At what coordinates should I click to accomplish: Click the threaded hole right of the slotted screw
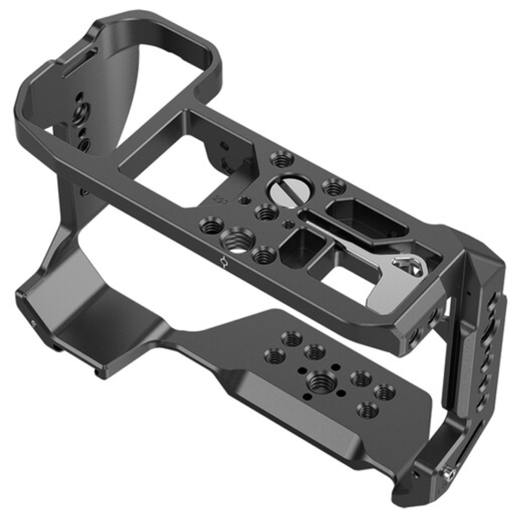tap(333, 186)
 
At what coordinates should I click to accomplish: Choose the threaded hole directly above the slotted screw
tap(282, 158)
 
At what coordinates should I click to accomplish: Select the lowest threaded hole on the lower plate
tap(368, 410)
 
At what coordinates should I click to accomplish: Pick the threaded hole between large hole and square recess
tap(263, 255)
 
